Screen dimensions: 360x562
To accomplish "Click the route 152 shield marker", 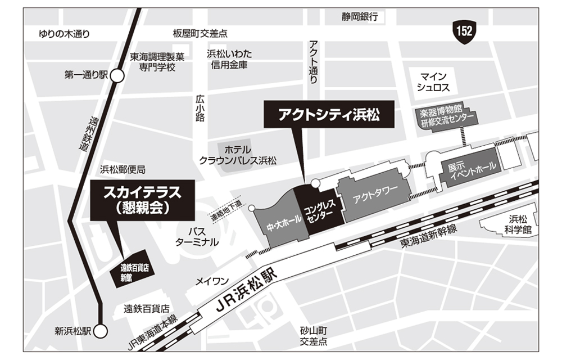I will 465,31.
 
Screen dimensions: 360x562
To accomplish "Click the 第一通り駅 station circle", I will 117,75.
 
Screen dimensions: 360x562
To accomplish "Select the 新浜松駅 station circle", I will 101,331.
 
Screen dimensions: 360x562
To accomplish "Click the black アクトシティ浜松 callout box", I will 329,116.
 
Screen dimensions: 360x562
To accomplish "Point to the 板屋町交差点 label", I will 201,34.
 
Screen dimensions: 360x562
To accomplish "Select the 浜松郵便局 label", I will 123,169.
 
